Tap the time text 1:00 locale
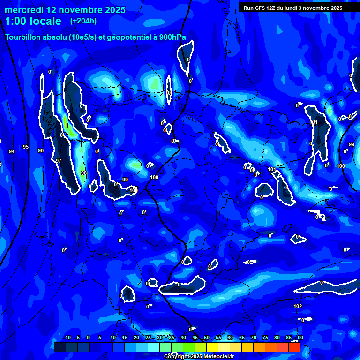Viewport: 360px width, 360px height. coord(33,21)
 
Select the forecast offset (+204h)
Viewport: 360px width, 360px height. coord(83,21)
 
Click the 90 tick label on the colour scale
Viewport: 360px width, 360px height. coord(300,338)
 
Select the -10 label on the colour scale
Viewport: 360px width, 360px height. coord(67,338)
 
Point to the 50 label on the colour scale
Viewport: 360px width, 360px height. coord(206,338)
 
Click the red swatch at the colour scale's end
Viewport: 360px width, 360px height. coord(294,347)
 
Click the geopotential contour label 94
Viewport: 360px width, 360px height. coord(12,151)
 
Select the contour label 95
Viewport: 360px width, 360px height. coord(26,147)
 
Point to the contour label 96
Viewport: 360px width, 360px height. coord(41,150)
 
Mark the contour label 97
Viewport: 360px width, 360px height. coord(59,161)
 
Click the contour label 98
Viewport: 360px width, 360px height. coord(83,173)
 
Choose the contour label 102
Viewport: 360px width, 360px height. coord(298,306)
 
